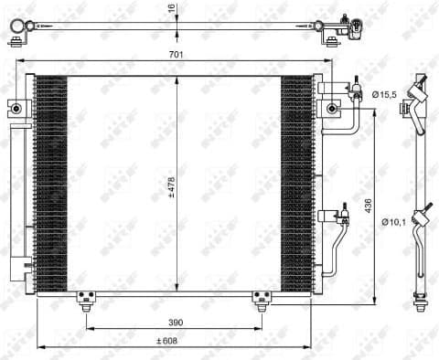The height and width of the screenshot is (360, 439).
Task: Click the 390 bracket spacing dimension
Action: point(173,323)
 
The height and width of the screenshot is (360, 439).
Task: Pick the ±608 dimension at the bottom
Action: point(166,340)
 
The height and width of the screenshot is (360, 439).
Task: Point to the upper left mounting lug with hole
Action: point(15,106)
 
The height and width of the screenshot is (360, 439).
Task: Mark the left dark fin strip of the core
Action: point(51,183)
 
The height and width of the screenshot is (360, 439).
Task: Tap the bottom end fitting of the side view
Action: point(422,299)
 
